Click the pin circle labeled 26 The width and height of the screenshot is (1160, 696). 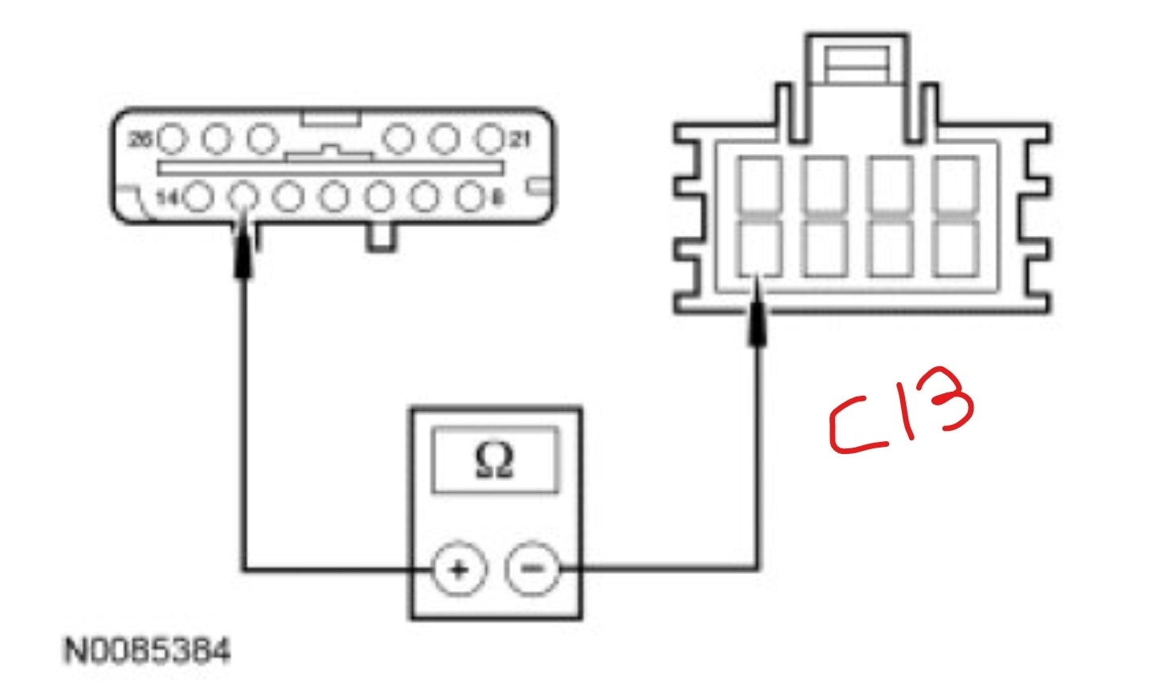pyautogui.click(x=172, y=139)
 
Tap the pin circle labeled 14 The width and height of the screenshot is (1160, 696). pyautogui.click(x=198, y=196)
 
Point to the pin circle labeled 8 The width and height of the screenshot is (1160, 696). pyautogui.click(x=472, y=196)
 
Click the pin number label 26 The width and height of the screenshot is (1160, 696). pyautogui.click(x=140, y=139)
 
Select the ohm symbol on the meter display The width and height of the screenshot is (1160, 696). pyautogui.click(x=494, y=460)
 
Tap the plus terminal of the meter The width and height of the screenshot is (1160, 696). pyautogui.click(x=459, y=569)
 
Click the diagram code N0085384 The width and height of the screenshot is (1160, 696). pyautogui.click(x=147, y=651)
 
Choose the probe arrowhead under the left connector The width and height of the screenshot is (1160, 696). pyautogui.click(x=245, y=255)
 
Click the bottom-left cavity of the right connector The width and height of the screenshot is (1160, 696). pyautogui.click(x=760, y=248)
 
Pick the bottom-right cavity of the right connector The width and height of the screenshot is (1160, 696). pyautogui.click(x=956, y=248)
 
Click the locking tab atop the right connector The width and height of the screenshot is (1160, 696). pyautogui.click(x=856, y=64)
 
